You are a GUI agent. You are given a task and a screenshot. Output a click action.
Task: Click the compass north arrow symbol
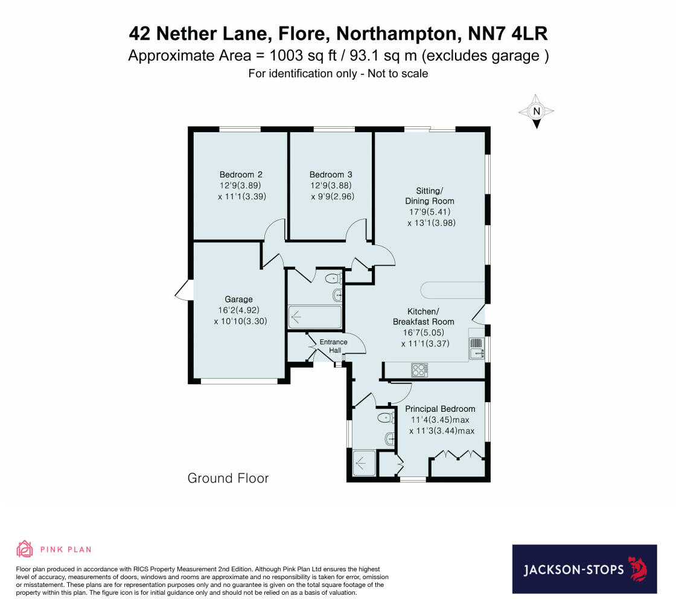click(535, 112)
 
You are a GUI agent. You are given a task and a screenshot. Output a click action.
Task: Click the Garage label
click(239, 299)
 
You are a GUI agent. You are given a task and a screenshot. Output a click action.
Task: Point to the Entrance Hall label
click(333, 346)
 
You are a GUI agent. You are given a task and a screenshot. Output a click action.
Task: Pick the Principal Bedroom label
click(440, 409)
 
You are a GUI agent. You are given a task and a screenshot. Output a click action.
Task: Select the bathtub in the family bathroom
click(314, 316)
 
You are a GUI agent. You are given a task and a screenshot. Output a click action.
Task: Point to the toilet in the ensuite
click(384, 417)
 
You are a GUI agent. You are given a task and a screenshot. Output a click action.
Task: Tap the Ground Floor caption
click(228, 478)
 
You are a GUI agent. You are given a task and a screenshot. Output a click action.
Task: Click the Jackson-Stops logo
click(584, 569)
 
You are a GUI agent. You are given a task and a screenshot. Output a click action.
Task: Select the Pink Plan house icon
click(25, 549)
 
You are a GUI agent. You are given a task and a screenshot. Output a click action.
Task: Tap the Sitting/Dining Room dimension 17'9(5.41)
click(430, 212)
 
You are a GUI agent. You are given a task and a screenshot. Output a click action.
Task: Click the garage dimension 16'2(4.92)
click(239, 310)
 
